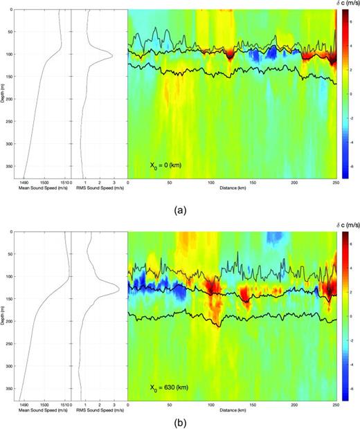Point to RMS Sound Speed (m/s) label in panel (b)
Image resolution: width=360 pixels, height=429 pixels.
click(100, 410)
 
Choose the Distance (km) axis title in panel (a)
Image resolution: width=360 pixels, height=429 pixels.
click(232, 188)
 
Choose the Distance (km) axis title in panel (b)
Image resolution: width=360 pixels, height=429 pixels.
click(232, 410)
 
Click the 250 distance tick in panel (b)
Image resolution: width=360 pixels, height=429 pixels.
click(335, 403)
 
